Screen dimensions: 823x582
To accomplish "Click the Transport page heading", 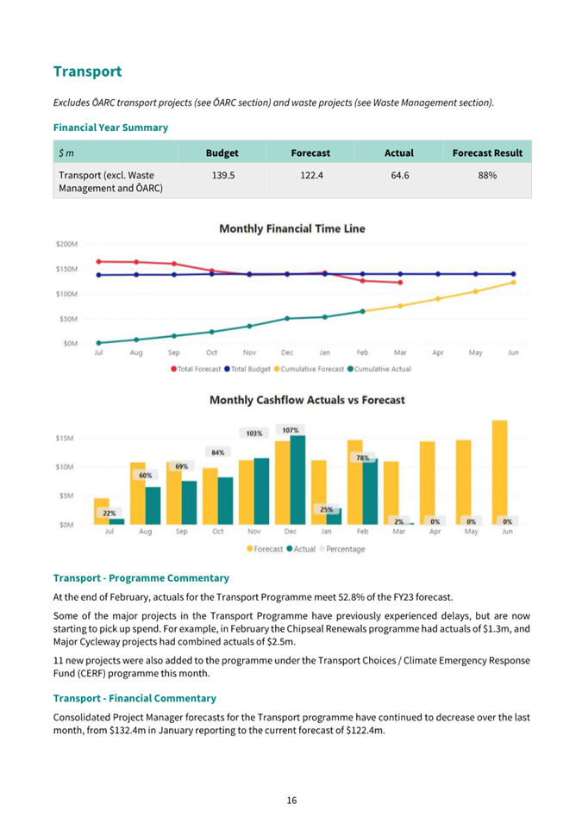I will [x=87, y=71].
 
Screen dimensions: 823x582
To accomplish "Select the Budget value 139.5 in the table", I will [x=222, y=175].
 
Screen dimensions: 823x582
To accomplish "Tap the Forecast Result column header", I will [x=487, y=153].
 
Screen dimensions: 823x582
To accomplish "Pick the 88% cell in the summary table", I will [x=487, y=175].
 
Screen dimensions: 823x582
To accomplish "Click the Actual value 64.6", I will [x=398, y=175].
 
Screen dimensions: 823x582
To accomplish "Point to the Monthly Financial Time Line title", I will [x=292, y=228].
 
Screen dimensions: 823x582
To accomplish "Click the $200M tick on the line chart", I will [x=67, y=244].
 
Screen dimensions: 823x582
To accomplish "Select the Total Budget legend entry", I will [x=249, y=369].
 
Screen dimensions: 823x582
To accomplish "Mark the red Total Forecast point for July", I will [x=98, y=261].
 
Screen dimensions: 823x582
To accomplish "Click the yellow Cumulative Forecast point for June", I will [x=514, y=282].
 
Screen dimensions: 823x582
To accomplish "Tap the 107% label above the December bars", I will [x=291, y=429].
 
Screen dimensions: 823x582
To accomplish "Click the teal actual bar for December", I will [x=297, y=480].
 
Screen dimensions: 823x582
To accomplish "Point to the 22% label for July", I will [x=110, y=513].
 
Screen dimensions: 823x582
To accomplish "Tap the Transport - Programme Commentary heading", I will [x=141, y=578].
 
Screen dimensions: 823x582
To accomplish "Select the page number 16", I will [x=291, y=801].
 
